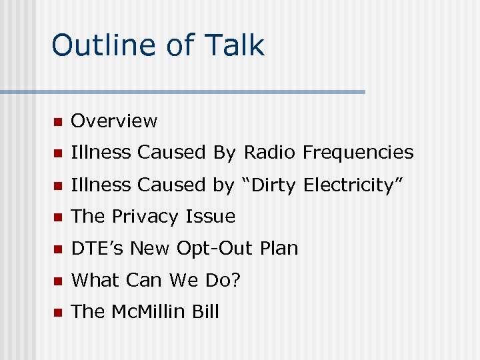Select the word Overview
(114, 121)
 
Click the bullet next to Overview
(57, 122)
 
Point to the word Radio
(271, 153)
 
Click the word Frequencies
(358, 153)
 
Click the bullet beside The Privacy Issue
(57, 218)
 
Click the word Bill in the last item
(205, 311)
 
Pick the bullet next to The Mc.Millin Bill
(57, 313)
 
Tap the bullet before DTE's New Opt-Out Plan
(57, 250)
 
